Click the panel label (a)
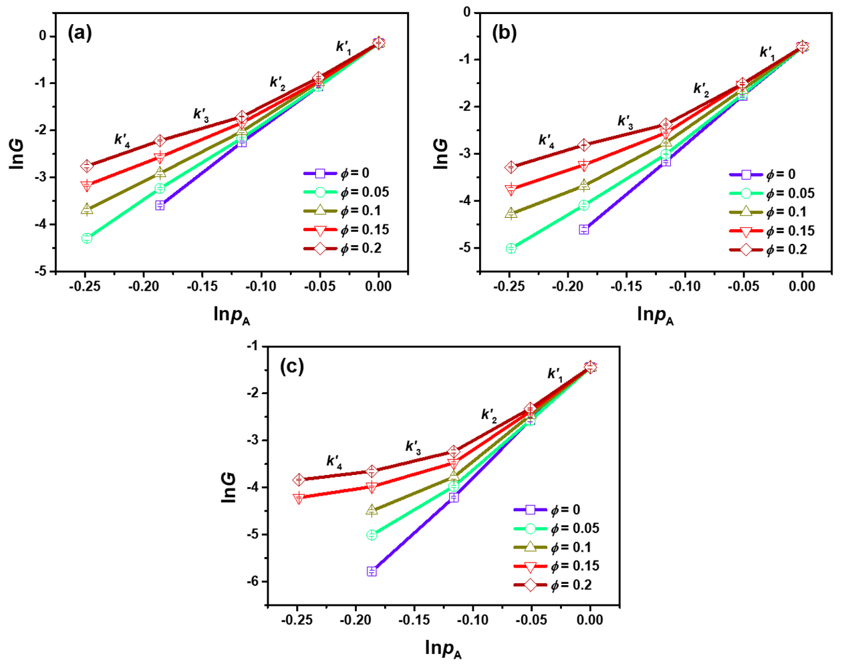click(80, 33)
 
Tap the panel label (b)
click(504, 32)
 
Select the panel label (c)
click(292, 366)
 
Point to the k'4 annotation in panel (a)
click(122, 140)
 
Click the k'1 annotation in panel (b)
click(767, 53)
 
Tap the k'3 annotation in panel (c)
click(413, 447)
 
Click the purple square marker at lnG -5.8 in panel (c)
click(372, 571)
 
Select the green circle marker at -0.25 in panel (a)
click(87, 238)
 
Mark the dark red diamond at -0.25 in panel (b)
click(511, 167)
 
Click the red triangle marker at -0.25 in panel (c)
click(299, 498)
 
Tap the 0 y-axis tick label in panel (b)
click(466, 12)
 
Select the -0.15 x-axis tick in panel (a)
click(201, 287)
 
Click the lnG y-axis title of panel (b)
click(440, 153)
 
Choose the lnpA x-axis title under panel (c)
click(443, 648)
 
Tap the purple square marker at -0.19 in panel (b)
click(584, 230)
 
